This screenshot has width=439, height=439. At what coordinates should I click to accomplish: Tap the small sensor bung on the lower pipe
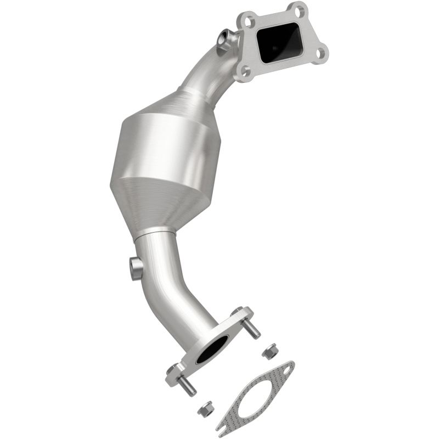tap(136, 267)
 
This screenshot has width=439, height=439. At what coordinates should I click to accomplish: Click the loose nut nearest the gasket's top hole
tap(269, 352)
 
